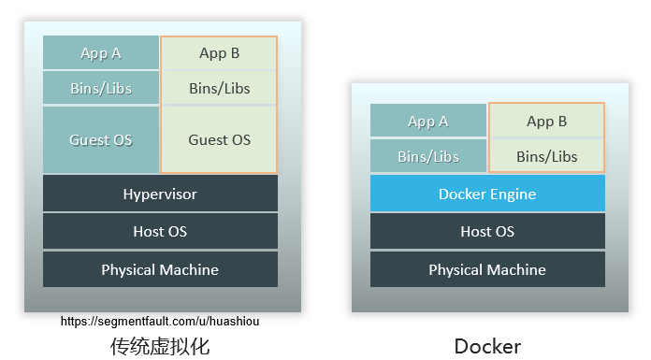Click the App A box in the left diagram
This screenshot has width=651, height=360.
(x=101, y=53)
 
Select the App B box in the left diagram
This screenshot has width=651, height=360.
(x=220, y=53)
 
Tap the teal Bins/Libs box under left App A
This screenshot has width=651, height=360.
(x=101, y=89)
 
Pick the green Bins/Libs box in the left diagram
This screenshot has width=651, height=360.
(x=220, y=89)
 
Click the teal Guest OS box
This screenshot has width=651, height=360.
(x=101, y=140)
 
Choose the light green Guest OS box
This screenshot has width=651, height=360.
(x=220, y=140)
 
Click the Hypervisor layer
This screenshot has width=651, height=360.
(x=160, y=194)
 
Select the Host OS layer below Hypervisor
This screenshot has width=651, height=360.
(x=160, y=231)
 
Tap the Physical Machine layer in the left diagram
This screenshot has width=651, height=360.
(x=160, y=269)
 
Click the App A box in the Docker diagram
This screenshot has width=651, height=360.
(x=428, y=121)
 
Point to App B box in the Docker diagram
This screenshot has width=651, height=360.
(x=547, y=121)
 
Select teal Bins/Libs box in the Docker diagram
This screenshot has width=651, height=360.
(x=428, y=156)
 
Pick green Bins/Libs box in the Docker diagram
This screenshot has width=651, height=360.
(x=547, y=156)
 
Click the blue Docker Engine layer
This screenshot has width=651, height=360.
(x=487, y=194)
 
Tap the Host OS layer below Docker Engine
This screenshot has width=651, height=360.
(x=487, y=231)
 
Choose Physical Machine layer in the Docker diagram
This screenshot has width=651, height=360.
(x=487, y=269)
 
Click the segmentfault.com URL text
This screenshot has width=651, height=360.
(x=160, y=321)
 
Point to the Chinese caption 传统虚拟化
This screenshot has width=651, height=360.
(x=160, y=346)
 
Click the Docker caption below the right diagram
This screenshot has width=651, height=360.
(x=487, y=346)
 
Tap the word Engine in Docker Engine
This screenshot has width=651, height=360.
(x=514, y=194)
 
